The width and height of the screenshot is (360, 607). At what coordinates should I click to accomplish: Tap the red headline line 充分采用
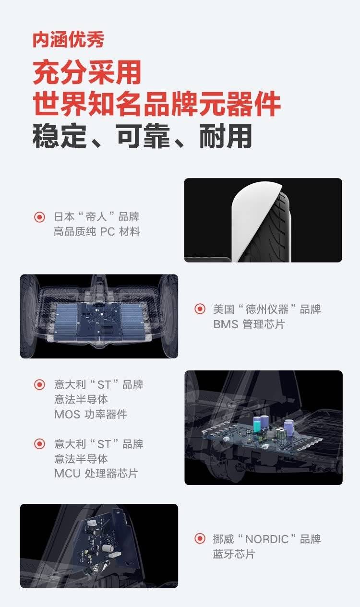tap(87, 72)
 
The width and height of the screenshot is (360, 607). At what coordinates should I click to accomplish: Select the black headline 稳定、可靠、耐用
tap(142, 136)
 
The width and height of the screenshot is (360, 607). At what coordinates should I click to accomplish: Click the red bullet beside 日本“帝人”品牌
tap(39, 217)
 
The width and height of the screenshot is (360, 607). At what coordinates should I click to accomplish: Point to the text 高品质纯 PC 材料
tap(97, 232)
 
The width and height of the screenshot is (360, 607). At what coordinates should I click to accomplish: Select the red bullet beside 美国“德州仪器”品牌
tap(200, 309)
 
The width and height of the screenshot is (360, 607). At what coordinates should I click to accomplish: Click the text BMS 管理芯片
tap(249, 324)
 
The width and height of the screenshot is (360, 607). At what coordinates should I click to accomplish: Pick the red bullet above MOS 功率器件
tap(39, 384)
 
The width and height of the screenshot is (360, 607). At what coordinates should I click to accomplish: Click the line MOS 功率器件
tap(91, 414)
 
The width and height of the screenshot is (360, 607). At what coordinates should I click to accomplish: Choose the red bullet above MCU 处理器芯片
tap(39, 444)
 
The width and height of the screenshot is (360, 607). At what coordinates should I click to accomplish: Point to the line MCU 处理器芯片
tap(96, 474)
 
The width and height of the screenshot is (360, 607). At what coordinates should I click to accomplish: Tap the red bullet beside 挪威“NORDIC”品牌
tap(200, 538)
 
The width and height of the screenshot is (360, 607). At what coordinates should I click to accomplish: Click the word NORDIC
tap(267, 539)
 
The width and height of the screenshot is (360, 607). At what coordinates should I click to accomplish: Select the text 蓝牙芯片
tap(234, 554)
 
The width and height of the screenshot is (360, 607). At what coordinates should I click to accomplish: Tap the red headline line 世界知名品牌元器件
tap(156, 104)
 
